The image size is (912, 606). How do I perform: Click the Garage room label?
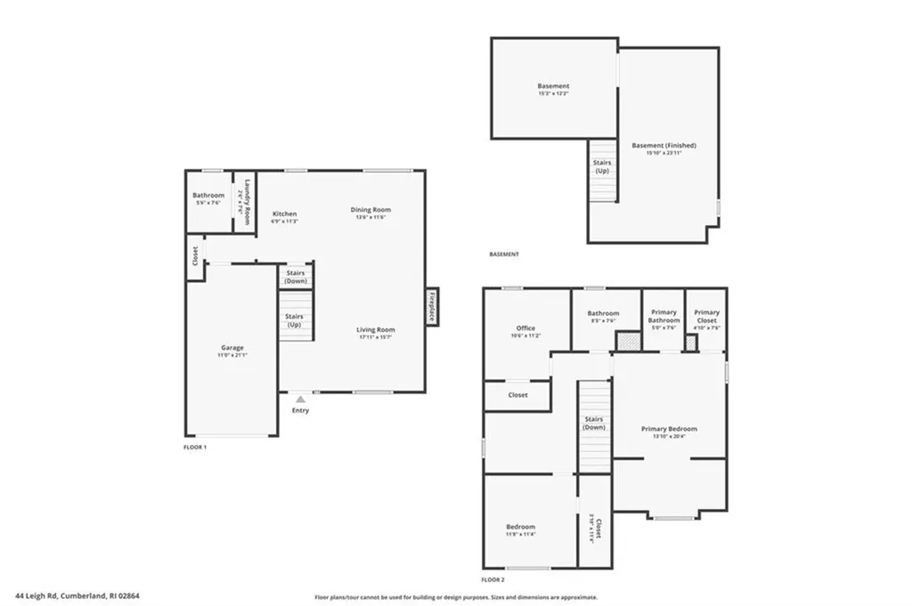(x=232, y=348)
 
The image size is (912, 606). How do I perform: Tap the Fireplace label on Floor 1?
(x=432, y=307)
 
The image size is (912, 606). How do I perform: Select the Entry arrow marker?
(x=300, y=400)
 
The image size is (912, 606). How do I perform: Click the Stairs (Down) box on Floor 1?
(x=295, y=277)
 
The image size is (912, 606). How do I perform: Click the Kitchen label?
(x=284, y=214)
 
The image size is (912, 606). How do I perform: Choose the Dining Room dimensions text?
(x=370, y=218)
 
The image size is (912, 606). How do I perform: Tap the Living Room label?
(x=375, y=329)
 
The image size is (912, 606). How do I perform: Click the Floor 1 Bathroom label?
(x=208, y=195)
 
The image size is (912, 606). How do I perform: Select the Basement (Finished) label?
(x=664, y=145)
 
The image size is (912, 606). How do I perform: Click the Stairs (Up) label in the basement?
(x=601, y=166)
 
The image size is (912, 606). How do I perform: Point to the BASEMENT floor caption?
(x=503, y=255)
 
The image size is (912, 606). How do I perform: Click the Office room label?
(x=525, y=328)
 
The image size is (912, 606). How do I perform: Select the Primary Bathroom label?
(x=664, y=316)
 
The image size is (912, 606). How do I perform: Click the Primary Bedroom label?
(x=669, y=429)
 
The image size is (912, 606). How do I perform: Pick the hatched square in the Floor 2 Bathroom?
(x=628, y=341)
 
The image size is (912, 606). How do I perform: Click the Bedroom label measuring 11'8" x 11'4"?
(x=520, y=527)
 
